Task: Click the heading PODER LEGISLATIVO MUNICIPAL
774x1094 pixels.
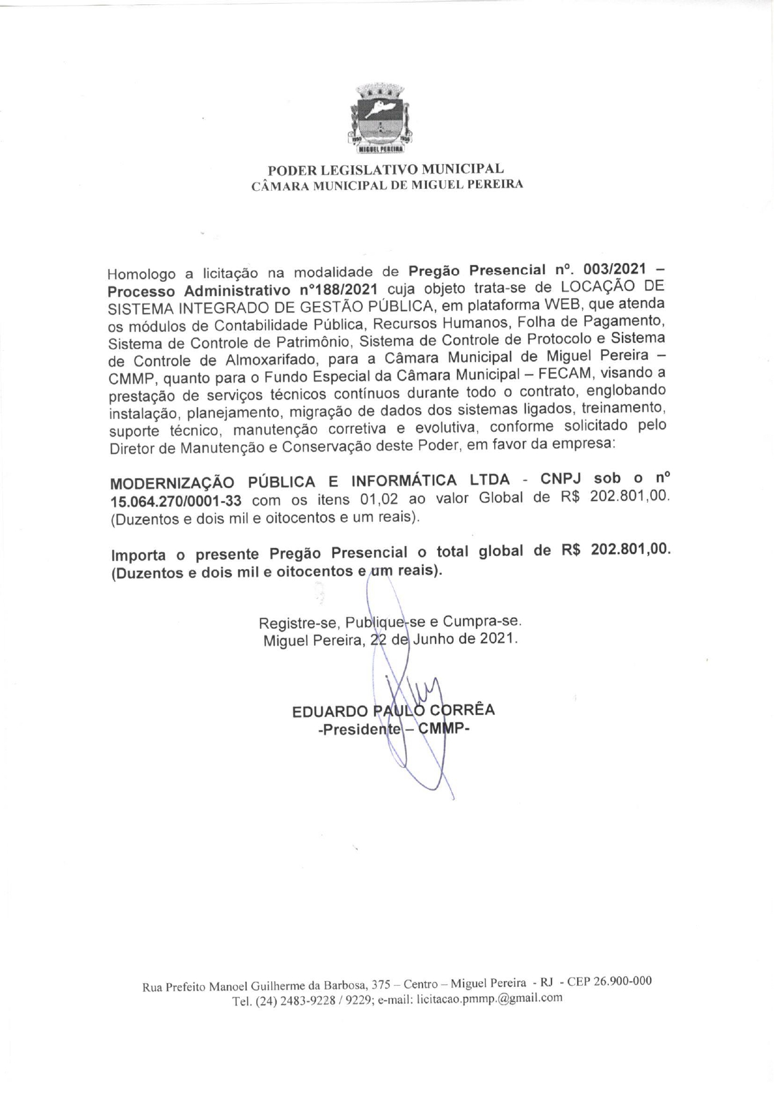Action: (386, 170)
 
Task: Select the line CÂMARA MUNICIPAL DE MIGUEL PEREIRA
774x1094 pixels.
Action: (386, 185)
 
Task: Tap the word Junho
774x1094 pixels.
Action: (434, 639)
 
